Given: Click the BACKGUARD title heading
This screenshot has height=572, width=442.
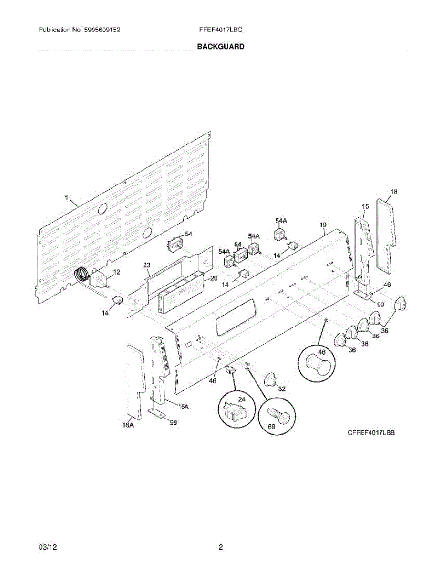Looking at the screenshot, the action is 221,47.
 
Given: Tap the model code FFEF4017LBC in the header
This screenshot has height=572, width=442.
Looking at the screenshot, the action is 221,30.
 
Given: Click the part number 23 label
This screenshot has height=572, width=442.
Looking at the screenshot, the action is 146,266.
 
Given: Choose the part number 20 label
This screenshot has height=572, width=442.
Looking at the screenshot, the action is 214,278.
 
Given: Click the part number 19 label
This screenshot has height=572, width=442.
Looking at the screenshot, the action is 323,225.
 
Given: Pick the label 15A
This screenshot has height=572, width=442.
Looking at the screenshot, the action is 184,407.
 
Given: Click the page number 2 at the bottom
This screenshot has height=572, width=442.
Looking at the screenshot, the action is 221,548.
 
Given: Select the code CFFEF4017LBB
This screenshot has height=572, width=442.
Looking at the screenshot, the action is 372,433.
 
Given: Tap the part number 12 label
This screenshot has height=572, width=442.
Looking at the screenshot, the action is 116,272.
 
